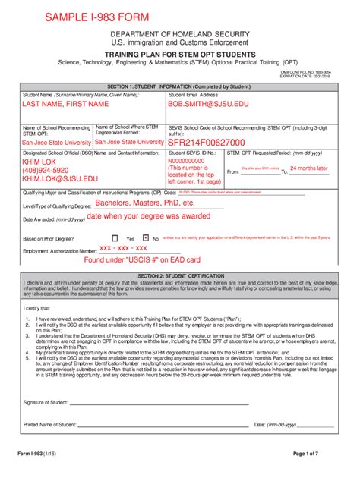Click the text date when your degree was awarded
(148, 216)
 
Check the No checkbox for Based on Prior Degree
(147, 238)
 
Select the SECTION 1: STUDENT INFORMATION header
(180, 86)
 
